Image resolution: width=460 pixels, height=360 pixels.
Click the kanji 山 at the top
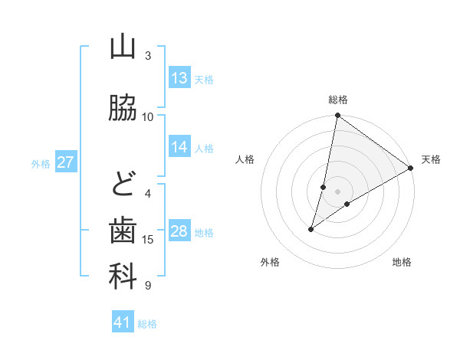pyautogui.click(x=123, y=47)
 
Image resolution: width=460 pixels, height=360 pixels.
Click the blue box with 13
pyautogui.click(x=179, y=78)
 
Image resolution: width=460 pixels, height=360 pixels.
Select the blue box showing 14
pyautogui.click(x=179, y=147)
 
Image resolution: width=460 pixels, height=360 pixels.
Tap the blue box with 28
pyautogui.click(x=179, y=231)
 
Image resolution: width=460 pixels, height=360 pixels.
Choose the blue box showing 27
pyautogui.click(x=66, y=162)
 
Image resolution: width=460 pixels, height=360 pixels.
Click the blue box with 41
pyautogui.click(x=123, y=322)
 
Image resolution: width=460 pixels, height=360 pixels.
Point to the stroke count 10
pyautogui.click(x=148, y=117)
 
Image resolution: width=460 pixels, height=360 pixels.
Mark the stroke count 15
pyautogui.click(x=148, y=240)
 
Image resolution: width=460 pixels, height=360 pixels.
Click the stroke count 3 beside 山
pyautogui.click(x=148, y=55)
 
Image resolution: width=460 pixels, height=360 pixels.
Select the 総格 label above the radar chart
pyautogui.click(x=337, y=100)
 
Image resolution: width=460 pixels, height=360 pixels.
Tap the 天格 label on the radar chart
pyautogui.click(x=431, y=159)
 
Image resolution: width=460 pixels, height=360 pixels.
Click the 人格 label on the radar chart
pyautogui.click(x=245, y=159)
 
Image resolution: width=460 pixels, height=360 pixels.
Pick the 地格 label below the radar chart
pyautogui.click(x=402, y=263)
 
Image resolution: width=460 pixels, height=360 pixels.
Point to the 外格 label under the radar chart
pyautogui.click(x=270, y=263)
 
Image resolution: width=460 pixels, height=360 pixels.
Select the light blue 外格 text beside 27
pyautogui.click(x=41, y=163)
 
